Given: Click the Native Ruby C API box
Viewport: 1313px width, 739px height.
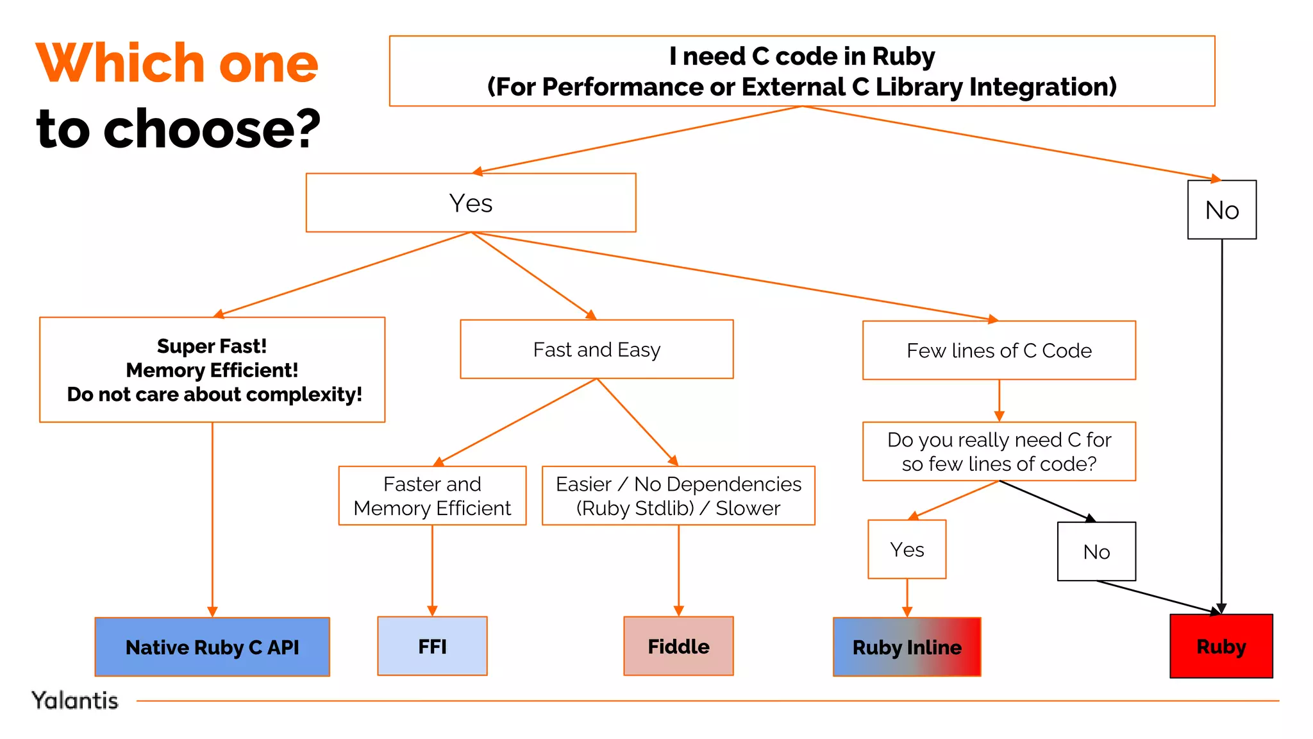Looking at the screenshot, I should pyautogui.click(x=212, y=647).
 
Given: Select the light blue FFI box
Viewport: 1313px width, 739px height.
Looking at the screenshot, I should pyautogui.click(x=432, y=646).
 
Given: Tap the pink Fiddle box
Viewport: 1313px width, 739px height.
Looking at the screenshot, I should pyautogui.click(x=678, y=646).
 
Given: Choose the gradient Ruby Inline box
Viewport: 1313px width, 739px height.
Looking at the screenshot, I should pyautogui.click(x=907, y=647).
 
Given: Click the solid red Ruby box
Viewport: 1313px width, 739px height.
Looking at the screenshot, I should pyautogui.click(x=1221, y=646).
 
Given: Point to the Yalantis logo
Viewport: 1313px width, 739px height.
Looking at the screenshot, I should pyautogui.click(x=75, y=701).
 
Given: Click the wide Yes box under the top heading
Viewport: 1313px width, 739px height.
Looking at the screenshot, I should pyautogui.click(x=471, y=203).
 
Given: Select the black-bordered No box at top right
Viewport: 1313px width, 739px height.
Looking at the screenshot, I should pyautogui.click(x=1222, y=210).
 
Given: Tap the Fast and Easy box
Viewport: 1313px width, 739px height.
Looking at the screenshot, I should pyautogui.click(x=596, y=350).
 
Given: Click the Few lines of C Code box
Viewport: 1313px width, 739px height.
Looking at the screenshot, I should pyautogui.click(x=999, y=350).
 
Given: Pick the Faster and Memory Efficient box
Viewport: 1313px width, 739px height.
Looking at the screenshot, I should pyautogui.click(x=432, y=496).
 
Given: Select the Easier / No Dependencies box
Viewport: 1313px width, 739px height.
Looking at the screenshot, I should pyautogui.click(x=678, y=496).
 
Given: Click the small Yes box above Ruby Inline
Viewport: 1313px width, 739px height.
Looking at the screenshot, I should pyautogui.click(x=907, y=550).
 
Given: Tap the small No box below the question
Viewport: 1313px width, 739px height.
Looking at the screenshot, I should pyautogui.click(x=1096, y=552).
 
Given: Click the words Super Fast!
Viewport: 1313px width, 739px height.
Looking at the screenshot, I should pyautogui.click(x=212, y=346).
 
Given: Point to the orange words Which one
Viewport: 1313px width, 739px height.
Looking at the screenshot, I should pyautogui.click(x=177, y=63).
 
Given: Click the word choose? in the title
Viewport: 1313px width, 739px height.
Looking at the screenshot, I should pyautogui.click(x=212, y=128).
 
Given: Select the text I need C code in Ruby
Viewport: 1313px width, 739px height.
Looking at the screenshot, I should pyautogui.click(x=801, y=56).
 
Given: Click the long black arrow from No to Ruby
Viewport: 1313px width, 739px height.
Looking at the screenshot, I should pyautogui.click(x=1222, y=423).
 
